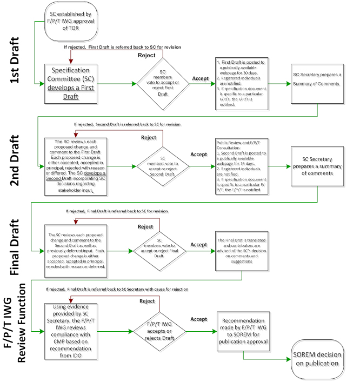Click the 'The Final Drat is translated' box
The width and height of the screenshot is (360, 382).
tap(241, 250)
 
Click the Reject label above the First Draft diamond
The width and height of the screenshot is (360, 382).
tap(148, 56)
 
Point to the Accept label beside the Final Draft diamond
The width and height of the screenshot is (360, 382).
tap(198, 245)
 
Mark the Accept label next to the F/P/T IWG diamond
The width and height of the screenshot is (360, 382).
tap(198, 319)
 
